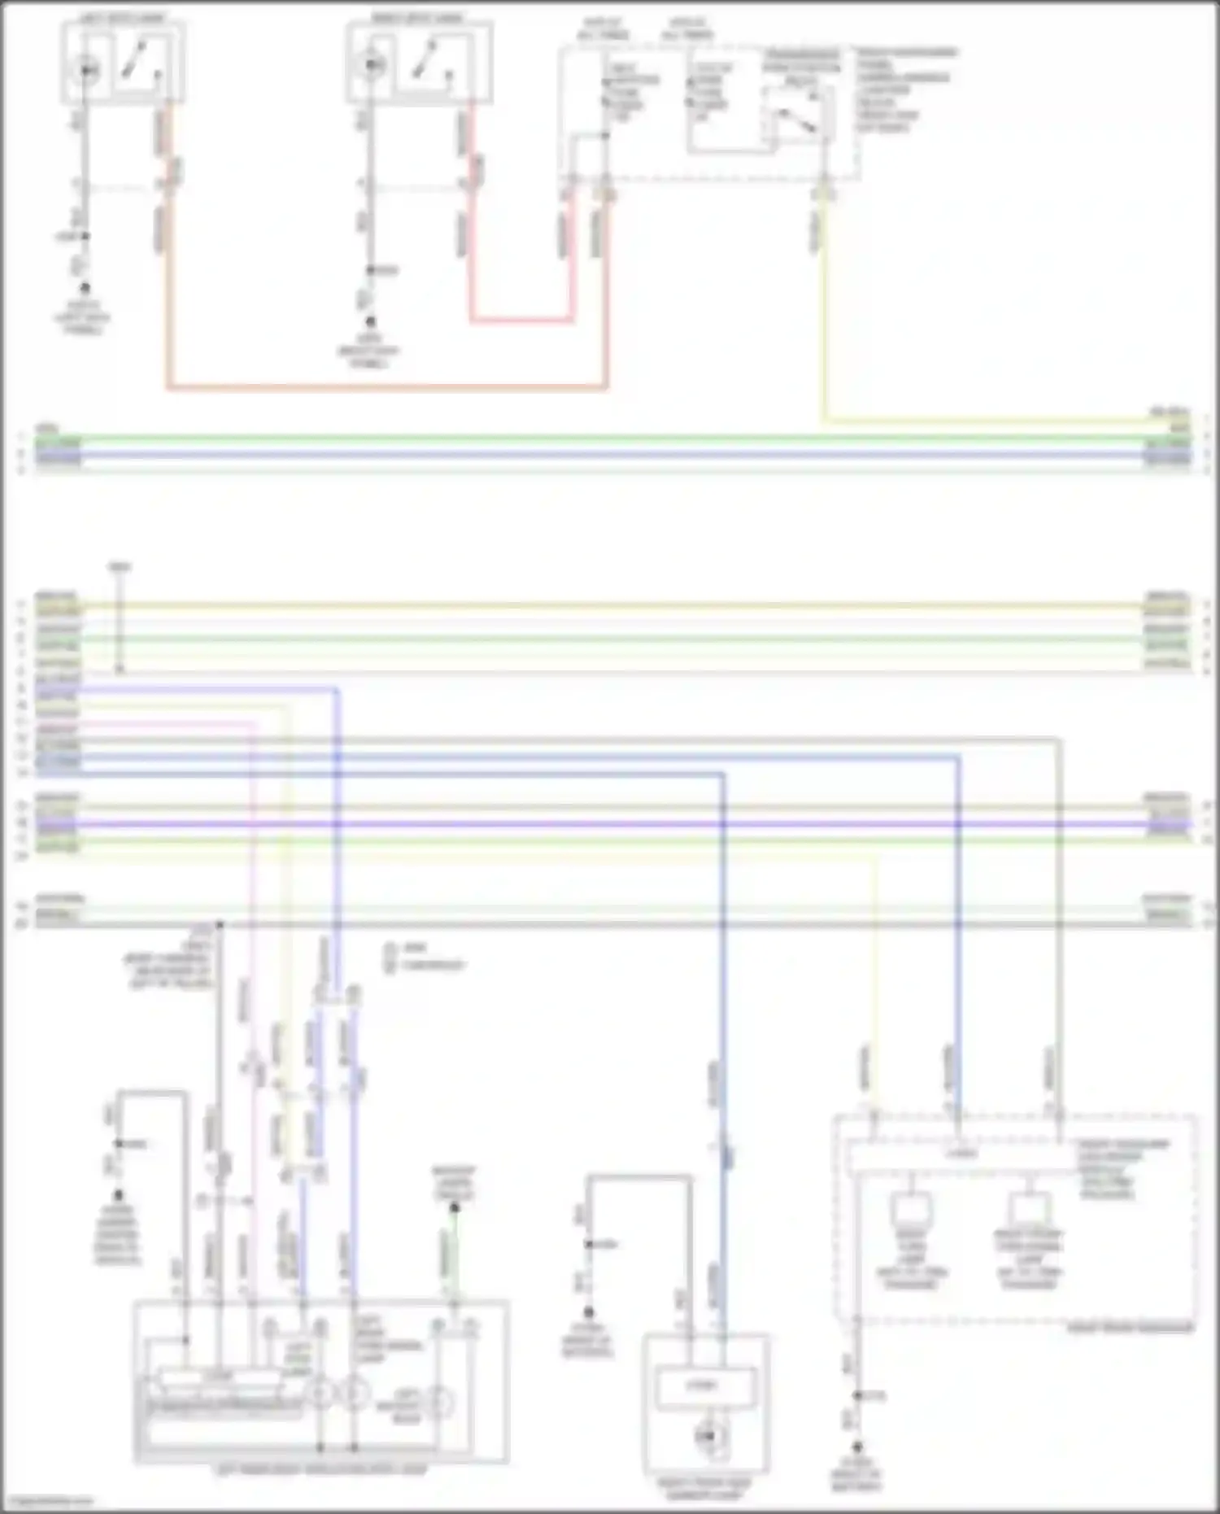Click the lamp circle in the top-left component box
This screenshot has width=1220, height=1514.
87,71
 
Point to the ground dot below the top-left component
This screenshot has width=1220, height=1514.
84,288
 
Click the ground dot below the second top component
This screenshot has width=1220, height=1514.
370,322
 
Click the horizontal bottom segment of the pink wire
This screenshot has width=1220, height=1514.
521,321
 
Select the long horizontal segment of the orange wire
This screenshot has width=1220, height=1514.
386,387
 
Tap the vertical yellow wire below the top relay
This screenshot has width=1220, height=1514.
823,325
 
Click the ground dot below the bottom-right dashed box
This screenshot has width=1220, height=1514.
857,1447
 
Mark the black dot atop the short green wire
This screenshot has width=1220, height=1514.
455,1208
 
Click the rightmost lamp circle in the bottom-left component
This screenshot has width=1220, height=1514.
440,1402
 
